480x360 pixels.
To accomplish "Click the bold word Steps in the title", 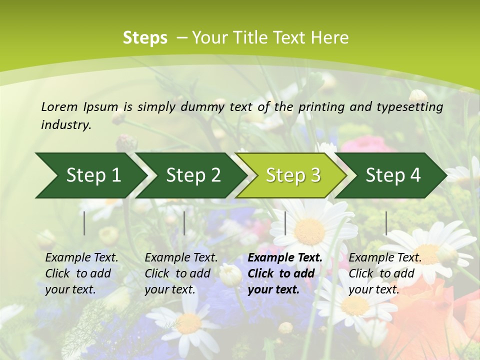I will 145,38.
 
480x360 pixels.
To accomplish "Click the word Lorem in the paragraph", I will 59,106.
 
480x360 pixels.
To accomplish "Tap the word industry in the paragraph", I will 66,125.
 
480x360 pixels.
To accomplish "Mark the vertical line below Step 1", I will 84,223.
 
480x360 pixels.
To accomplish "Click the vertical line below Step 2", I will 184,223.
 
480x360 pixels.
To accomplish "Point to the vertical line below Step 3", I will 285,223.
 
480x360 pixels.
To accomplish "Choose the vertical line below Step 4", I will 386,223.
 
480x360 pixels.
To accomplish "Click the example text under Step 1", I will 81,273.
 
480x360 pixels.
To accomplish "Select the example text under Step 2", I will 181,273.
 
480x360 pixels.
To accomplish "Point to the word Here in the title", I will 331,38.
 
